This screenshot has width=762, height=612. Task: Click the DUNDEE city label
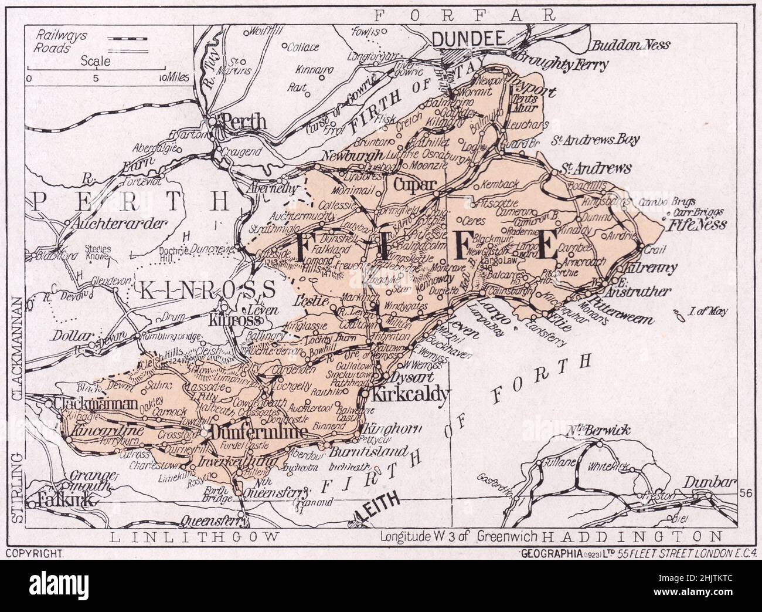coord(468,39)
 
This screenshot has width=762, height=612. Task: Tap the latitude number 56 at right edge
coord(745,492)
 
